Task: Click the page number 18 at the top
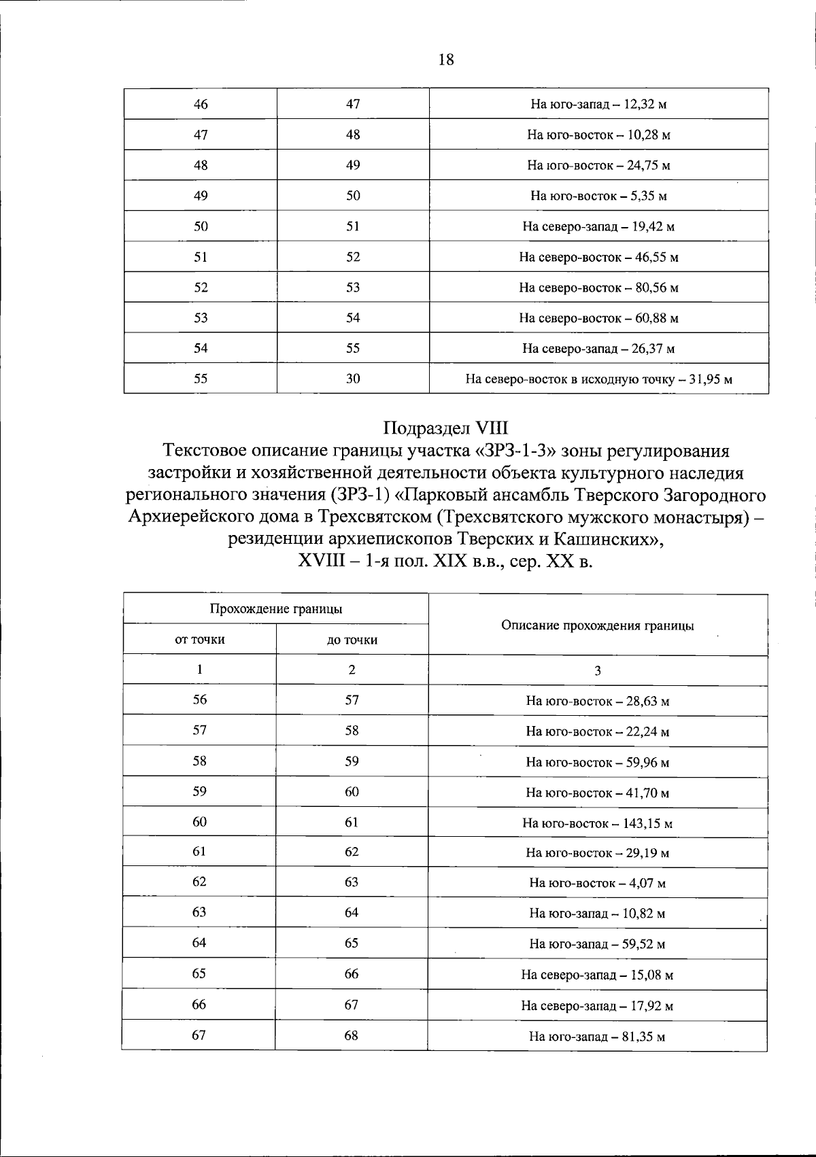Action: pos(445,60)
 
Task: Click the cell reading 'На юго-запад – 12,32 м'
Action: pos(598,105)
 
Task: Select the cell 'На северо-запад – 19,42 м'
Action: pos(598,227)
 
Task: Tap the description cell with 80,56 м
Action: pos(598,288)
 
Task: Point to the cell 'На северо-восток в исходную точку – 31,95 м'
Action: pos(598,379)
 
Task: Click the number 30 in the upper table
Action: pos(352,379)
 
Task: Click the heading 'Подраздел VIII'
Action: pos(445,428)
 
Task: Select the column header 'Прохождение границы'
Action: pos(275,609)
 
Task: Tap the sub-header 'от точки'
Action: pos(200,640)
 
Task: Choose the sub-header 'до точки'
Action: pos(352,640)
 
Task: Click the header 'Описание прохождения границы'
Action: pos(597,625)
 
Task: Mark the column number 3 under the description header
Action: pos(597,671)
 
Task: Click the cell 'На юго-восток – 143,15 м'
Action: pos(597,823)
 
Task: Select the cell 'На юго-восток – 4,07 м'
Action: pos(597,884)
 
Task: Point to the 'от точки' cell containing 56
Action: pos(199,700)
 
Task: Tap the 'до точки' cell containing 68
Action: pos(352,1036)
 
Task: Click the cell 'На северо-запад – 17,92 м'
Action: pos(597,1005)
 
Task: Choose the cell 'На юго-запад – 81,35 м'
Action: pos(597,1037)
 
